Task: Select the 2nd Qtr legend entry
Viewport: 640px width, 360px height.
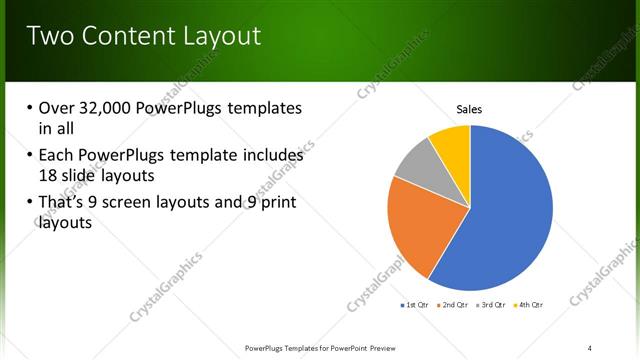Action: pyautogui.click(x=456, y=304)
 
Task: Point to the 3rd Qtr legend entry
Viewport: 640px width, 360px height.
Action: pyautogui.click(x=494, y=304)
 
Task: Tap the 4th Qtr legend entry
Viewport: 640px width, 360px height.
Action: pyautogui.click(x=530, y=304)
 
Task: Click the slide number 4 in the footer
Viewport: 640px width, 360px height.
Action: pyautogui.click(x=589, y=347)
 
